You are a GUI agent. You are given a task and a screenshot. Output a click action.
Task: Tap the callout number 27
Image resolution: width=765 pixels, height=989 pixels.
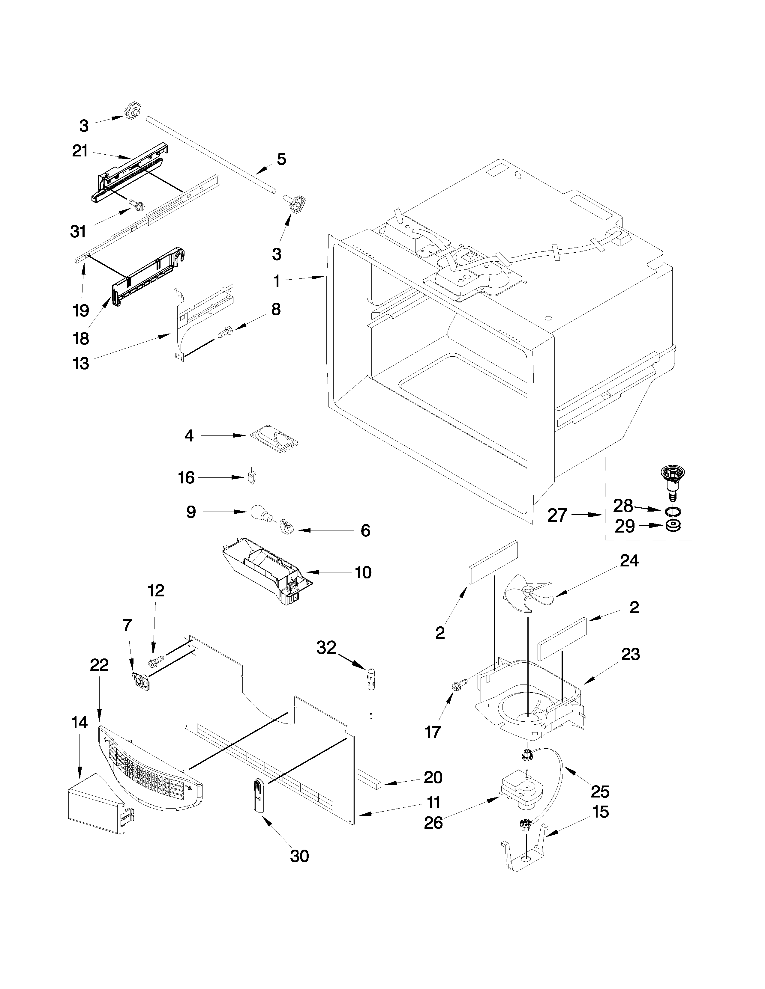pos(557,515)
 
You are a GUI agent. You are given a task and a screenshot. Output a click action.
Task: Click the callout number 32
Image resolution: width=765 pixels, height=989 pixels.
pos(326,648)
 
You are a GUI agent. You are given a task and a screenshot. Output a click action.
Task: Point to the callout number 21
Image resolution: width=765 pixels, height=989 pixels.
pos(80,151)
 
